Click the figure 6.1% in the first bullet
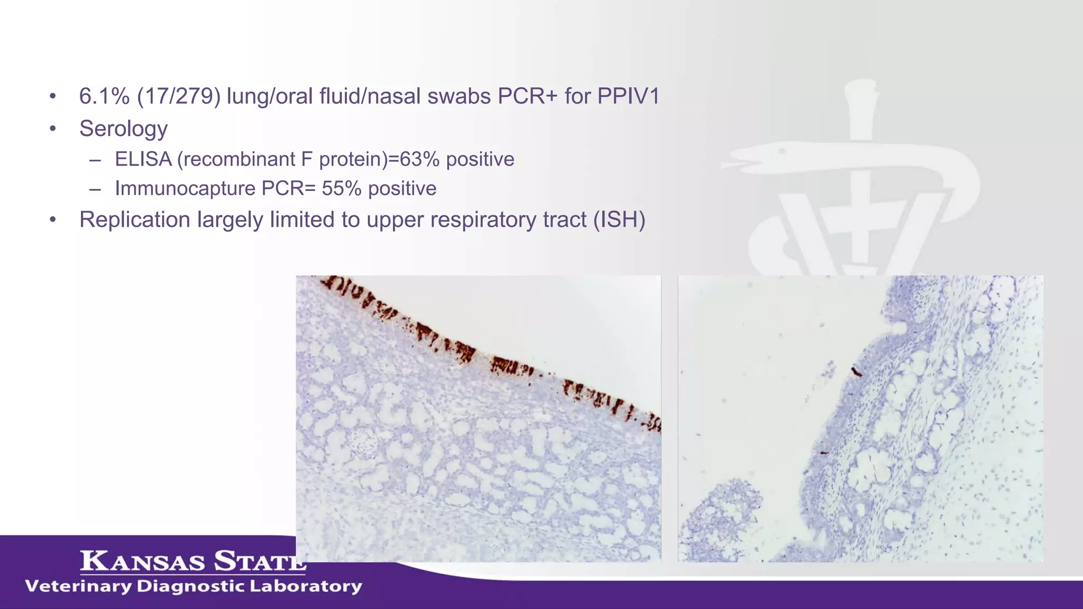click(x=104, y=96)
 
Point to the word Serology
click(x=123, y=129)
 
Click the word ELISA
click(x=143, y=159)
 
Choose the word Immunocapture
click(x=185, y=189)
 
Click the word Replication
click(x=135, y=220)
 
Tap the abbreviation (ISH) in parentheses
click(x=619, y=220)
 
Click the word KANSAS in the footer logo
click(x=143, y=561)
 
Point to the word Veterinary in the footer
click(x=78, y=586)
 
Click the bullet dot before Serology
click(x=52, y=129)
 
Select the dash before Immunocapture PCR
click(x=95, y=189)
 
